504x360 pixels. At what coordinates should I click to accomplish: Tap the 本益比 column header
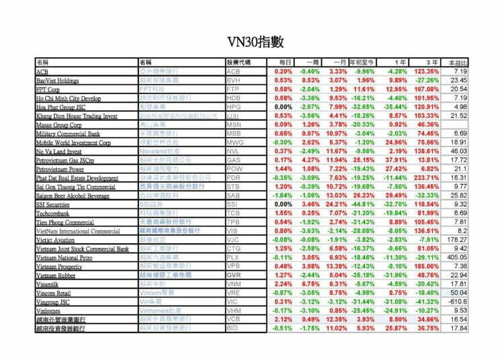click(458, 61)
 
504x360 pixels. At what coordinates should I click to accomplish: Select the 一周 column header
click(310, 61)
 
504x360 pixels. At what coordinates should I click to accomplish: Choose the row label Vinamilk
click(46, 283)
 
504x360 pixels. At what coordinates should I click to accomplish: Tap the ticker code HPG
click(233, 106)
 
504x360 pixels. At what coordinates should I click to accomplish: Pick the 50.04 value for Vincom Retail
click(459, 292)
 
